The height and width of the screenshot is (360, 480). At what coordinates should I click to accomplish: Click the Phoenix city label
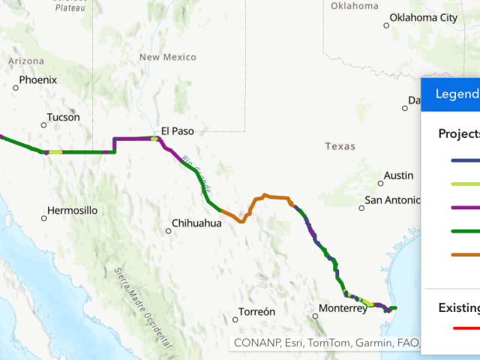[37, 79]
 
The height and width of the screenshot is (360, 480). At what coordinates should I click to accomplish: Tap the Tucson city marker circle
[43, 125]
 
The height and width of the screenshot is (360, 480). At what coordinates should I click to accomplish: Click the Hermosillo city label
[72, 211]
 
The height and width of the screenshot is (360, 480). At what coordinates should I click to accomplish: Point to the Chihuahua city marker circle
[168, 231]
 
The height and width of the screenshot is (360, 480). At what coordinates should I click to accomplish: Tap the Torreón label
[256, 311]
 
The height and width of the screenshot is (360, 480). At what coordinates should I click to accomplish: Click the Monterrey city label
[342, 308]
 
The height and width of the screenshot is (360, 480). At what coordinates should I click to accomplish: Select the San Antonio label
[394, 200]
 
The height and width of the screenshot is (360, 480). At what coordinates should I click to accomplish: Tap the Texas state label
[340, 146]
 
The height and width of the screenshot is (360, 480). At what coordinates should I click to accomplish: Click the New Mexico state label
[168, 57]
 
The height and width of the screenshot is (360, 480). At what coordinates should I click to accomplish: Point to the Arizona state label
[26, 61]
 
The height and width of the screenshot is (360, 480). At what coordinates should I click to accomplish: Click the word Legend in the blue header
[457, 94]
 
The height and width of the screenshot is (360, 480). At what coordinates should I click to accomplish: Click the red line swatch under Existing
[465, 328]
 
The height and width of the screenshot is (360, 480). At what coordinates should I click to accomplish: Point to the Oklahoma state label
[355, 6]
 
